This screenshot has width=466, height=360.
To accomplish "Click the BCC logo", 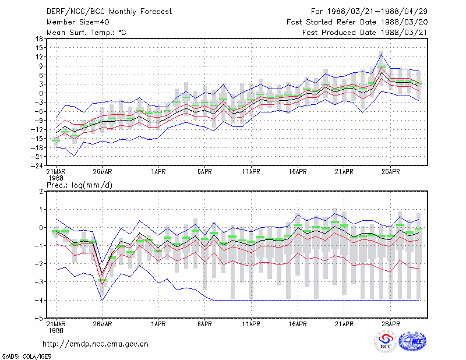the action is (x=385, y=341).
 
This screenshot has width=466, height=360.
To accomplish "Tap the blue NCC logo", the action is (x=412, y=341).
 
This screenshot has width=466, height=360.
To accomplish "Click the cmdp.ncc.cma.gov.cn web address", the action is (x=96, y=344).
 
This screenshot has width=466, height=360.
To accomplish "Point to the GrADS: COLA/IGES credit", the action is (x=26, y=357).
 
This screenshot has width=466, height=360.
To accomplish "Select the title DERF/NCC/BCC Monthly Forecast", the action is (x=109, y=12).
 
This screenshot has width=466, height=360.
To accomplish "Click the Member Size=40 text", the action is (x=78, y=22).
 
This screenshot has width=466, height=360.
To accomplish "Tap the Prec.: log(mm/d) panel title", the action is (x=79, y=185).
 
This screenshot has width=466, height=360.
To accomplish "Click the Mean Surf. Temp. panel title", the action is (x=86, y=33).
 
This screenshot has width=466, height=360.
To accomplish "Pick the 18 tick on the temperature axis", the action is (x=40, y=38).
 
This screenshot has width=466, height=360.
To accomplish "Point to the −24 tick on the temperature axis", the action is (x=37, y=165).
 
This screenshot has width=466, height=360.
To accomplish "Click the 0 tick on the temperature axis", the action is (x=41, y=93).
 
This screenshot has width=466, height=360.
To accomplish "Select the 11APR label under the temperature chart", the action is (x=251, y=172).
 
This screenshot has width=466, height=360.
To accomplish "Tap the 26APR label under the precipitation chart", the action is (x=390, y=324).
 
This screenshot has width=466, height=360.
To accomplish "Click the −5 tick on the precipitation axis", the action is (x=39, y=318).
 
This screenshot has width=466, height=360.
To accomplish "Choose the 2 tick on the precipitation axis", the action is (x=41, y=191).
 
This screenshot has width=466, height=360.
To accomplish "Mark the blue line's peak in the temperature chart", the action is (x=382, y=54).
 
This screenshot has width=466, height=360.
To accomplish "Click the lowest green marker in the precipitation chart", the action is (x=103, y=280).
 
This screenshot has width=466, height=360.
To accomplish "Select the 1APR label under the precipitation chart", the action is (x=158, y=324).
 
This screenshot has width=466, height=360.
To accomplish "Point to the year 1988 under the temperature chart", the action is (x=56, y=178).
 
